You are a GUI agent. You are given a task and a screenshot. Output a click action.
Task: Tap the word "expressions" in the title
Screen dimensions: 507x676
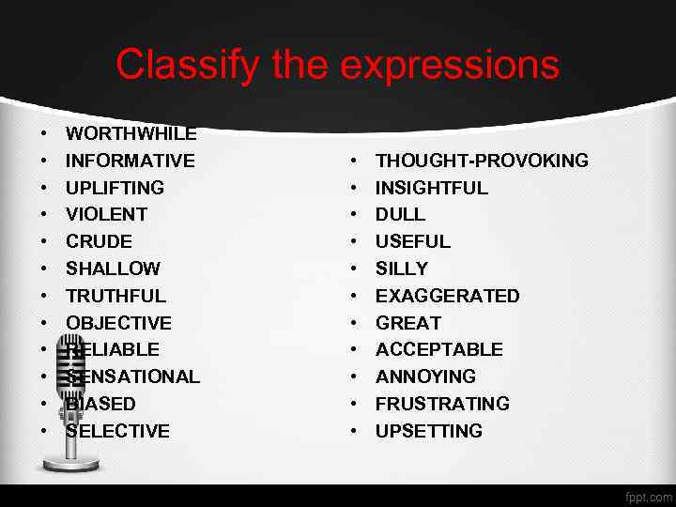tap(450, 65)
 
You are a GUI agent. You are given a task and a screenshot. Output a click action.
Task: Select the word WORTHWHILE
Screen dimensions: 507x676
tap(131, 133)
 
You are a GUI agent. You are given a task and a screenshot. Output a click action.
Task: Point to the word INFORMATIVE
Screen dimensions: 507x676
tap(131, 161)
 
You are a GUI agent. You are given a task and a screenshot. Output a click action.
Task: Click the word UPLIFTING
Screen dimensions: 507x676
tap(115, 188)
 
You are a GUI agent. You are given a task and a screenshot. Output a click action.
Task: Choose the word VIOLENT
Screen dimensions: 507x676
tap(106, 214)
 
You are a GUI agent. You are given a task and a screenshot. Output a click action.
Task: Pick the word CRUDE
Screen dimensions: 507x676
tap(99, 241)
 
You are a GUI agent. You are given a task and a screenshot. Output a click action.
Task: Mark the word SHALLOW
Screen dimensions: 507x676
tap(113, 269)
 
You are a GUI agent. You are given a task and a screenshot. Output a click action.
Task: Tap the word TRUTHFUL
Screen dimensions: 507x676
tap(115, 296)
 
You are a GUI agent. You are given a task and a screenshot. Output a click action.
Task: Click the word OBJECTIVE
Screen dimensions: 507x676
tap(118, 323)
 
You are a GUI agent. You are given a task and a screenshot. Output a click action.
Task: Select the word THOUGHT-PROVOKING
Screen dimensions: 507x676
tap(482, 161)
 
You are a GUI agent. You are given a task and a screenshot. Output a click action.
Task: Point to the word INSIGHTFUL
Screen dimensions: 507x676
tap(432, 188)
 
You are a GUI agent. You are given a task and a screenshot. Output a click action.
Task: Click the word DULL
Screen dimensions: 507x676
tap(400, 214)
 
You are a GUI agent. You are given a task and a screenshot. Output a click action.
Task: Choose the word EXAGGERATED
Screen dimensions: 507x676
tap(447, 296)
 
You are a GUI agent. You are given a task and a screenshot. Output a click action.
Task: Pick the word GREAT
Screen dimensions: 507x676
tap(408, 323)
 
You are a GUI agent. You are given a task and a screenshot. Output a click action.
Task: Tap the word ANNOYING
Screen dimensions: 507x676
tap(425, 376)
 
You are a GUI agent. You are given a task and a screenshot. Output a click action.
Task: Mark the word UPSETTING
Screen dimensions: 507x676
tap(429, 431)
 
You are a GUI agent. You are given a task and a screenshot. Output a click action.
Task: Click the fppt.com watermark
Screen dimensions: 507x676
tap(648, 496)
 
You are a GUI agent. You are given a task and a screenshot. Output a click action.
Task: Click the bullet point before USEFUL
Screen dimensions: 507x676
tap(354, 241)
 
